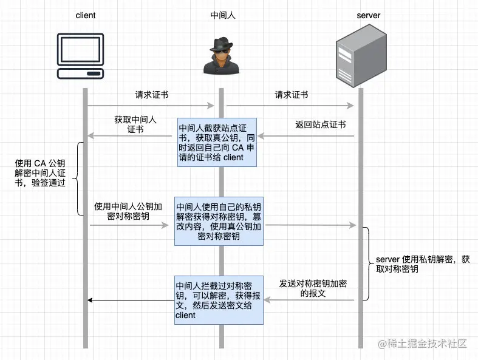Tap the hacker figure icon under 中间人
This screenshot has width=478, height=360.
(221, 56)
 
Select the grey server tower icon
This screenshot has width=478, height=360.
(359, 55)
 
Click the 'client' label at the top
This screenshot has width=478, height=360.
(86, 15)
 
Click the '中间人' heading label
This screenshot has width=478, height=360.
(222, 15)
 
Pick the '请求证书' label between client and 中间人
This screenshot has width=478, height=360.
(152, 95)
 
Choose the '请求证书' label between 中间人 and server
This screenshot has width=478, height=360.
(292, 95)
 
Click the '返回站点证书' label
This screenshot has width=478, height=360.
(320, 125)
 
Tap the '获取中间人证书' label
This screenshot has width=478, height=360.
(135, 124)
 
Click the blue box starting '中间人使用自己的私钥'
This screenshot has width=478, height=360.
(219, 220)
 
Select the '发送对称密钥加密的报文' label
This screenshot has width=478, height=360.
(313, 288)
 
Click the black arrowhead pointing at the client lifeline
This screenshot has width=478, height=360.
(90, 300)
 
